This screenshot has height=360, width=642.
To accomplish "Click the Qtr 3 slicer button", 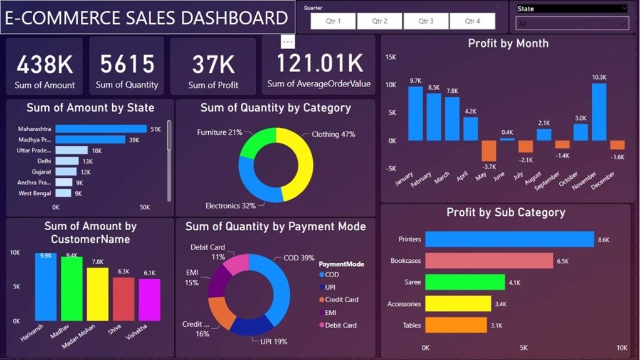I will (x=426, y=21).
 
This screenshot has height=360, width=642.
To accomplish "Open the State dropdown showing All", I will (x=571, y=24).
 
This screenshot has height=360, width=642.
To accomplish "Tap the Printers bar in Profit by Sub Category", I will (x=509, y=240).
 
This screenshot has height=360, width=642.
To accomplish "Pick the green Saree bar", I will (x=465, y=282).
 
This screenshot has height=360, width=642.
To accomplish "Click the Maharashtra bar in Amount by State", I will (x=100, y=129).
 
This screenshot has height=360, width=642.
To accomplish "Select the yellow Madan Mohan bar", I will (x=97, y=294).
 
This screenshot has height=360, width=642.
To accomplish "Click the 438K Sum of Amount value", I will (x=45, y=64).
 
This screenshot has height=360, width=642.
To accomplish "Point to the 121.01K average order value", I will (x=319, y=63).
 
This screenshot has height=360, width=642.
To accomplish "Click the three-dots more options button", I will (x=288, y=41).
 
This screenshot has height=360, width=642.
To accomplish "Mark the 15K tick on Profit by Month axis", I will (x=390, y=57).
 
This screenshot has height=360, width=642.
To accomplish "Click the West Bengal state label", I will (x=34, y=194).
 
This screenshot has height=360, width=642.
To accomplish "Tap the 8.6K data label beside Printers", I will (x=604, y=240).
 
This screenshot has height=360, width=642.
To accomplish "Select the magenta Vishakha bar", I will (x=149, y=300).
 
